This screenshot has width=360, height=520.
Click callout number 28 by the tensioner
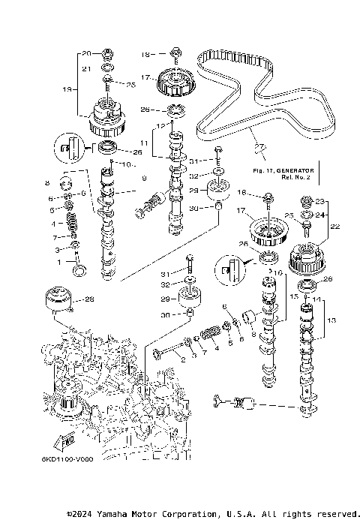click(x=89, y=299)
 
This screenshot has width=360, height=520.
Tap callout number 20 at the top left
click(x=86, y=53)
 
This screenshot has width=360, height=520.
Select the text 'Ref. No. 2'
click(x=296, y=179)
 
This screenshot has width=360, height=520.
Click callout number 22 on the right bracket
click(x=335, y=225)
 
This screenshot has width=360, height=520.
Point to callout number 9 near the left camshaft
click(x=145, y=179)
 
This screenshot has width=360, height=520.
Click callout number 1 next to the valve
click(x=62, y=262)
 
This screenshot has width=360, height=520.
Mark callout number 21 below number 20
click(x=86, y=69)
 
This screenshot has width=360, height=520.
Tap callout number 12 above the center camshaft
click(x=160, y=125)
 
